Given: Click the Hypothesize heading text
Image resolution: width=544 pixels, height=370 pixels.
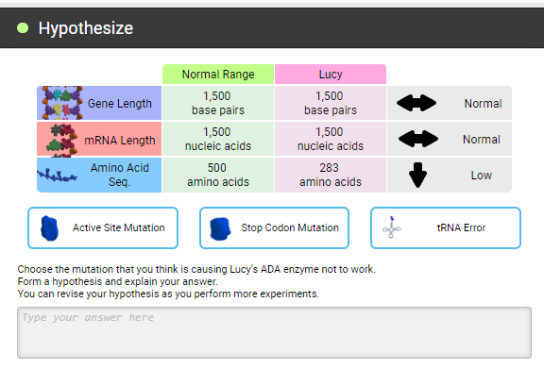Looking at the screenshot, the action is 85,28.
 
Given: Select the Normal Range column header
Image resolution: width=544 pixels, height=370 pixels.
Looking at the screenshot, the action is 218,74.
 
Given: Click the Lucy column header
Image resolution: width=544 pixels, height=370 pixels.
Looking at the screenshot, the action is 331,74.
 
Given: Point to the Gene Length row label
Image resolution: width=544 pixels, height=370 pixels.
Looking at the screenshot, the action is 119,103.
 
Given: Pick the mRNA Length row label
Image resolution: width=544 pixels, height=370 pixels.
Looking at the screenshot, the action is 120,140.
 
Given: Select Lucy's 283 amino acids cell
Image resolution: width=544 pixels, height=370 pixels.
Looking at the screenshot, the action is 331,175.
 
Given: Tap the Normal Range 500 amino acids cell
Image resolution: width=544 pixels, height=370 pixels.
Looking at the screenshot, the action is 218,175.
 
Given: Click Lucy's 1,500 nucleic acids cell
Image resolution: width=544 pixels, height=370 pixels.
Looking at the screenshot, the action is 331,139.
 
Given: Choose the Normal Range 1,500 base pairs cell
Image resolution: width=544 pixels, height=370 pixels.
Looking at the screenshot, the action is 218,103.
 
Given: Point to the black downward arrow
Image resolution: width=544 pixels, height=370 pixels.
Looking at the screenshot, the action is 418,175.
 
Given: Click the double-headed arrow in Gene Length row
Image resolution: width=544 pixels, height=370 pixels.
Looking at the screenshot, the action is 418,103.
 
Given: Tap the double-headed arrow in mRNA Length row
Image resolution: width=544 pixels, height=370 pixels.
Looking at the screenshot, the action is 418,139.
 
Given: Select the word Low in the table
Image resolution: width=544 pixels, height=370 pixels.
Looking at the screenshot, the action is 482,175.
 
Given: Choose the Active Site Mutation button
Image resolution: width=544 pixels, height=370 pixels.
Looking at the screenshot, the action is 103,227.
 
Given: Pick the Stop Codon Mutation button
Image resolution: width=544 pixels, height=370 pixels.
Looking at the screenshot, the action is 274,227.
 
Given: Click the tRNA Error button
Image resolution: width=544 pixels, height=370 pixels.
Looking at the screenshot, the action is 445,227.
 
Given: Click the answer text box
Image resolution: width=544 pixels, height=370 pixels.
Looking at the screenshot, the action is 274,332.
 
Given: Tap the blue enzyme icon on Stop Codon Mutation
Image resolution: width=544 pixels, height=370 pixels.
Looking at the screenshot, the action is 220,227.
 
